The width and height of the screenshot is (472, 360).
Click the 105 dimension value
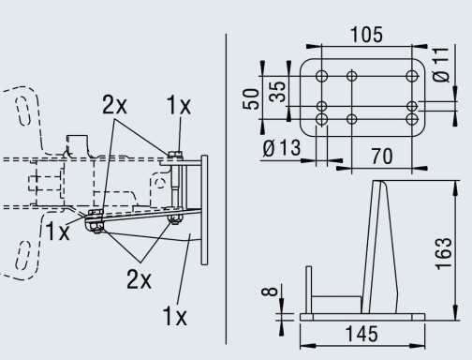pos(366,35)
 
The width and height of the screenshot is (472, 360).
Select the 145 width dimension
pos(362,334)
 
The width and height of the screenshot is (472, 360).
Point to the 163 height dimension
pos(444,253)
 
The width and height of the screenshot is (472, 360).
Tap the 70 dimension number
pos(382,157)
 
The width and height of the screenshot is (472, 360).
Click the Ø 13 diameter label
pos(282,148)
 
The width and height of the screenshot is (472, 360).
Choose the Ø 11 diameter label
pos(441,65)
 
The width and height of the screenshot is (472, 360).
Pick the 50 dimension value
pos(251,99)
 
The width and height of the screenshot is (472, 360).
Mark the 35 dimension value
pos(277,92)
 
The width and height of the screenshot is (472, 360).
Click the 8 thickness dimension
pos(270,292)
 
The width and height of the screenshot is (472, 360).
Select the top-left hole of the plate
pos(321,76)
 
